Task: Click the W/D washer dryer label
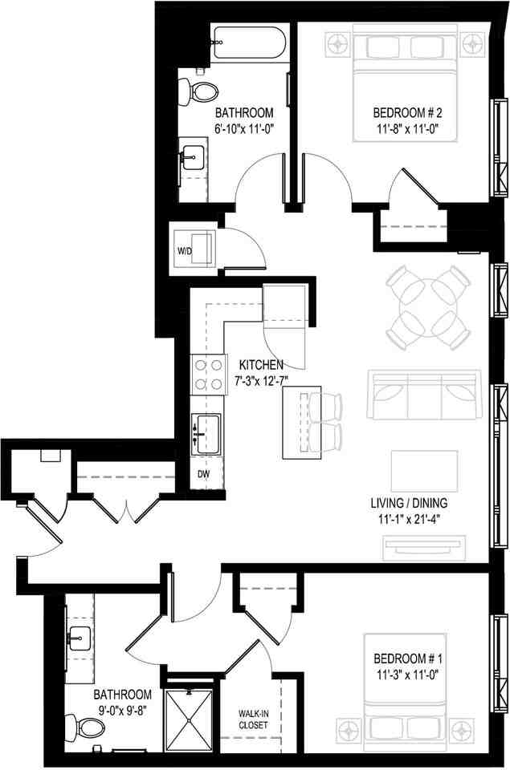coord(185,251)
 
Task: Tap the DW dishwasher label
coord(205,473)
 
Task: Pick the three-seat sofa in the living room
coord(423,396)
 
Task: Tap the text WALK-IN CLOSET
coord(253,719)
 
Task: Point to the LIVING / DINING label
coord(409,504)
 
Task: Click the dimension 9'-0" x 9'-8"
coord(120,709)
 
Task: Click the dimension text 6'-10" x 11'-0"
coord(244,128)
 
